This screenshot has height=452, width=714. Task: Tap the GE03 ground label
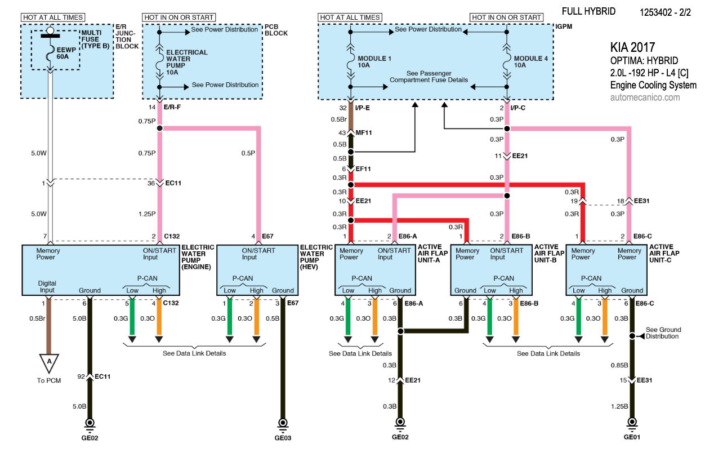(x=283, y=437)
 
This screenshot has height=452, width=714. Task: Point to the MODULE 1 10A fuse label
(x=374, y=62)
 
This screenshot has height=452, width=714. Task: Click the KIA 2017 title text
(x=633, y=47)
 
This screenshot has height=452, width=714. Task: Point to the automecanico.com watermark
(x=645, y=97)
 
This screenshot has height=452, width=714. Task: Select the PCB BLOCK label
(x=276, y=30)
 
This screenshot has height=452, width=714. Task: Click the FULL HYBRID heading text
(x=588, y=11)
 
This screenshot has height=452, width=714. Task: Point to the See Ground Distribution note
(x=663, y=333)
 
